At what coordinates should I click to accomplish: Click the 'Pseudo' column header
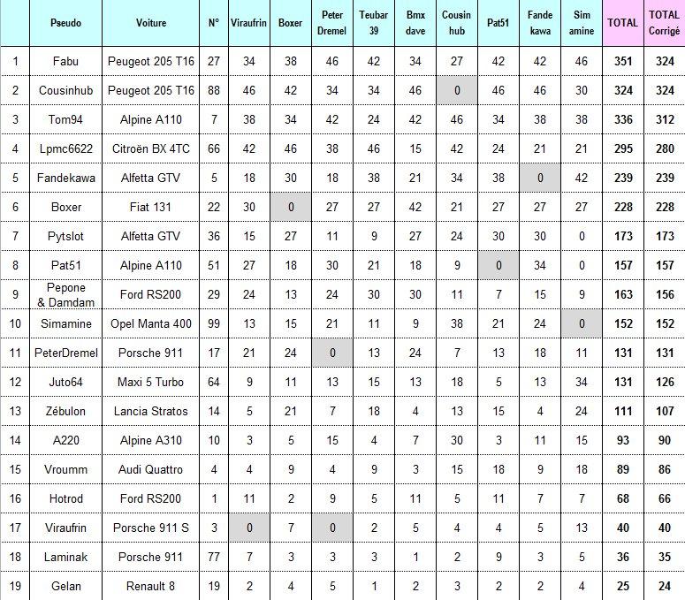click(x=65, y=22)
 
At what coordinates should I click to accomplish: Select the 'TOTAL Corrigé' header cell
click(x=664, y=22)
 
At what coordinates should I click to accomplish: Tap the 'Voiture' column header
click(x=151, y=22)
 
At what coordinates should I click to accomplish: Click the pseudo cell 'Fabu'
click(x=65, y=61)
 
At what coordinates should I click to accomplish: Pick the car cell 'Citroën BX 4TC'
click(x=151, y=148)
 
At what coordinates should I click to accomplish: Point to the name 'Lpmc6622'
click(x=65, y=148)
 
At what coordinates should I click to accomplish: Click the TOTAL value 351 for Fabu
click(x=624, y=61)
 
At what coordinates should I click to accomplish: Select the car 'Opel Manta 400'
click(x=151, y=323)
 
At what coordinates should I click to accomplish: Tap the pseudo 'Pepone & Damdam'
click(x=65, y=294)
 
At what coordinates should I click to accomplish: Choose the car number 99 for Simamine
click(x=214, y=323)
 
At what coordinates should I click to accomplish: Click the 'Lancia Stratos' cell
click(x=151, y=411)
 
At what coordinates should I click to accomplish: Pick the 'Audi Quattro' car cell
click(x=151, y=469)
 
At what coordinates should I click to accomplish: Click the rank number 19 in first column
click(x=16, y=586)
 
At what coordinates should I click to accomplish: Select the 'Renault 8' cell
click(x=151, y=586)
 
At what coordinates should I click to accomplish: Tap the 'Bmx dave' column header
click(x=415, y=22)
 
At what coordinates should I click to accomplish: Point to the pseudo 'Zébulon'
click(x=65, y=411)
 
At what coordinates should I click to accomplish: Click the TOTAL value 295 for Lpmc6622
click(x=624, y=148)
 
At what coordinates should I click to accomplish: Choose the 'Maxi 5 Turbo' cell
click(x=151, y=382)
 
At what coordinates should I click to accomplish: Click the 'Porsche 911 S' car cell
click(x=151, y=528)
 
